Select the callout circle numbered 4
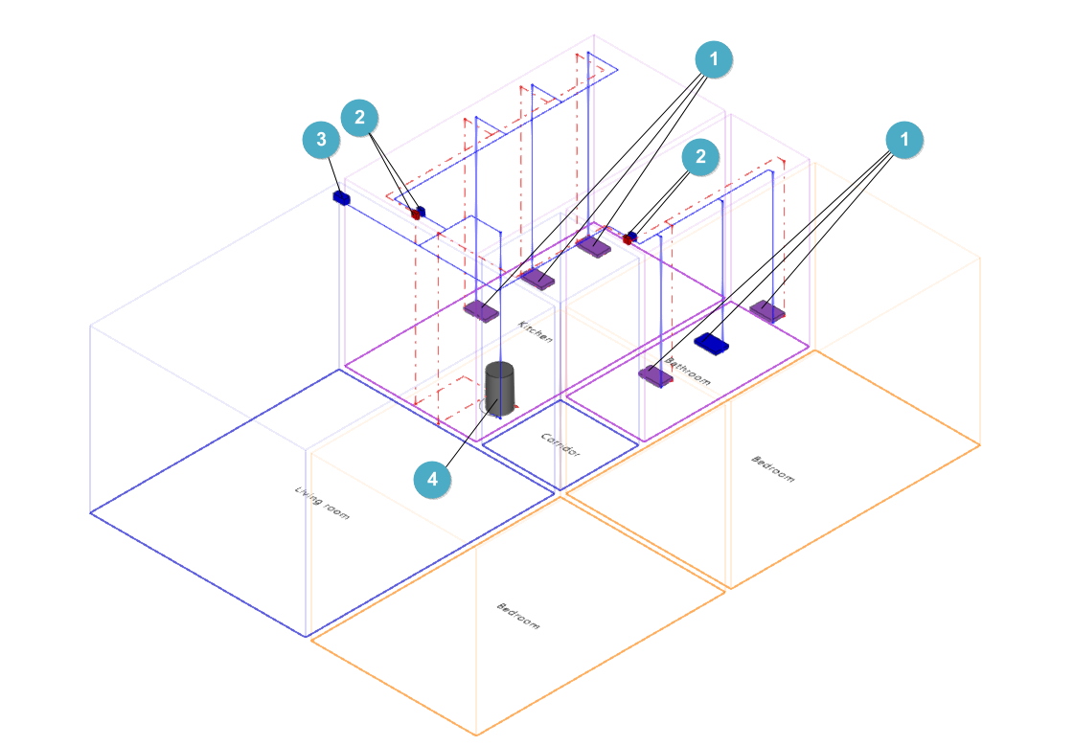tap(433, 479)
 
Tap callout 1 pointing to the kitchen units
tap(714, 59)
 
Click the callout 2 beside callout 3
tap(359, 118)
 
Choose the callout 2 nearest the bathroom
tap(700, 157)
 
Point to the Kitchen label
tap(536, 331)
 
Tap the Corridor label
tap(561, 445)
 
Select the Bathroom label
tap(690, 372)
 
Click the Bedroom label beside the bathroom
tap(772, 468)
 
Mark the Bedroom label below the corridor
tap(518, 615)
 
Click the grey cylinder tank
tap(499, 388)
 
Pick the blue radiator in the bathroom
tap(713, 343)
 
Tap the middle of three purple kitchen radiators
tap(537, 279)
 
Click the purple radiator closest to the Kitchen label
tap(482, 309)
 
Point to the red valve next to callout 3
tap(415, 215)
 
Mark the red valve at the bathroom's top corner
tap(627, 239)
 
